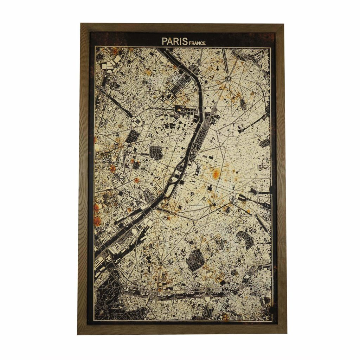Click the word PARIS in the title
click(x=175, y=41)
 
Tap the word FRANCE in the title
click(x=197, y=43)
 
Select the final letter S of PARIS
click(x=185, y=41)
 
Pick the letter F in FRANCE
click(x=190, y=43)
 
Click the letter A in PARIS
click(x=170, y=41)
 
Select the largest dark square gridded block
click(x=195, y=261)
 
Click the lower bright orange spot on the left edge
click(x=97, y=221)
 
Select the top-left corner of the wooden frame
click(x=82, y=25)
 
